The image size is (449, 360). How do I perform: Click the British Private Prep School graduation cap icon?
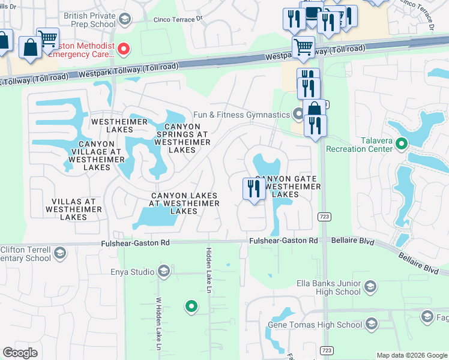125,19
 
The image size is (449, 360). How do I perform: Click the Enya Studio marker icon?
163,272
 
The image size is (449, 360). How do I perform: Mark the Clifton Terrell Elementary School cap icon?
59,254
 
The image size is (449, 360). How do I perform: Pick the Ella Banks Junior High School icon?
370,287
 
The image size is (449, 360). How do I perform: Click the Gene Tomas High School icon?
371,325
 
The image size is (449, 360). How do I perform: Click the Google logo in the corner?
20,352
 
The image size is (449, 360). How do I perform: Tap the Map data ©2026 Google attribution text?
411,355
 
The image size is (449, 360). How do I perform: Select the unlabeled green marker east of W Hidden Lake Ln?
191,307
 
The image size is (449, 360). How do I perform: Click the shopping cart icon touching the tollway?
304,46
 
